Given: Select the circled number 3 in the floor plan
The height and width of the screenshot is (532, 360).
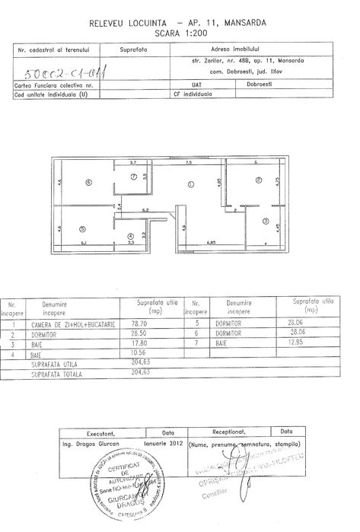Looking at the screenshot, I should coord(266,221).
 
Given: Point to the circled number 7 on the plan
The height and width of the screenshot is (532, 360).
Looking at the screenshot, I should coord(134,177).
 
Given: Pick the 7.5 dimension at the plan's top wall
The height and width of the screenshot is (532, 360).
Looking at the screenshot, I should coord(188,162).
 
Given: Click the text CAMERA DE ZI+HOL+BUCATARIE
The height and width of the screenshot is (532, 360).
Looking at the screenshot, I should coord(73,324).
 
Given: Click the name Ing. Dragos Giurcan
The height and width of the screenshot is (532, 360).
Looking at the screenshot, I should coord(90,441).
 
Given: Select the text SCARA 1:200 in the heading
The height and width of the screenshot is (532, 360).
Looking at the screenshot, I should coord(180,34).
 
